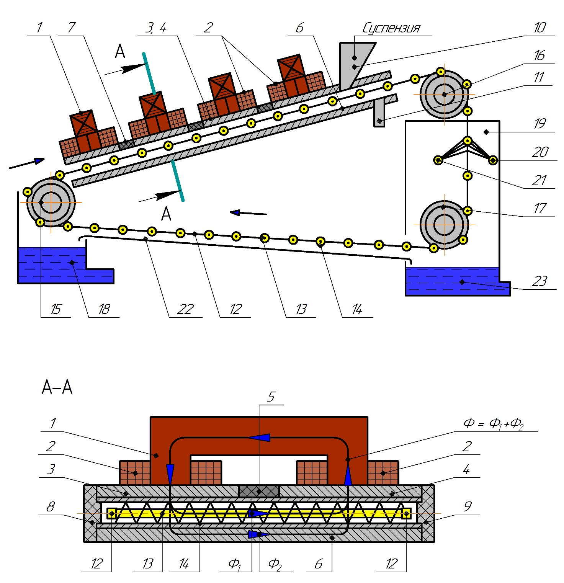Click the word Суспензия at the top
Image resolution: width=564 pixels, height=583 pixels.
click(x=391, y=28)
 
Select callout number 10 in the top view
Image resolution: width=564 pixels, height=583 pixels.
click(x=539, y=28)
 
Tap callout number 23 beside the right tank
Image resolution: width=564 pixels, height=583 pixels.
click(x=539, y=281)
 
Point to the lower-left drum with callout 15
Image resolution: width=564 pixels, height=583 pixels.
click(x=51, y=202)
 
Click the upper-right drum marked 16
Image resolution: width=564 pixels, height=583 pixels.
click(x=444, y=94)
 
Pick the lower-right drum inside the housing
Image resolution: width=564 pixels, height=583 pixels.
click(x=444, y=225)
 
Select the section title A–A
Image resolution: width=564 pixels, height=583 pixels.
click(x=57, y=387)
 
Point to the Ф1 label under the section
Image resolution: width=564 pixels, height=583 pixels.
click(x=234, y=563)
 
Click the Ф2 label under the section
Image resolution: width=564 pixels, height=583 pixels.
click(x=275, y=563)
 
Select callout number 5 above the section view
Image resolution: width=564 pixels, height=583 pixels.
click(x=271, y=397)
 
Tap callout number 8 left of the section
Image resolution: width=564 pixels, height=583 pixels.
click(x=51, y=507)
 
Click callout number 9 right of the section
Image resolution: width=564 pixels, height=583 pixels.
click(x=468, y=507)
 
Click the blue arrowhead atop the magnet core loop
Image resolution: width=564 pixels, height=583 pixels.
click(x=260, y=438)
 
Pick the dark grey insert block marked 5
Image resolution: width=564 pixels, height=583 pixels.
click(x=259, y=491)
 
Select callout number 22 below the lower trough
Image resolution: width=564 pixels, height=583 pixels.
click(x=185, y=309)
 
